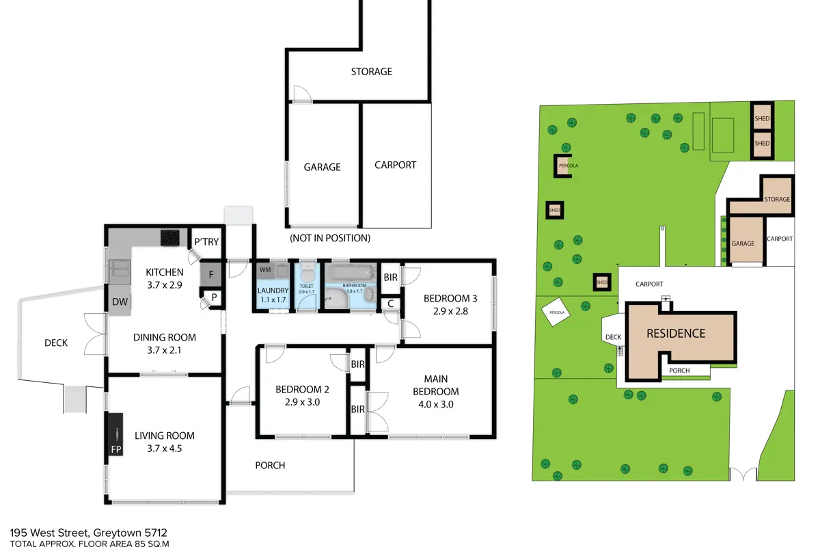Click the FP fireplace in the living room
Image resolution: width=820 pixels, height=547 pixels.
click(115, 434)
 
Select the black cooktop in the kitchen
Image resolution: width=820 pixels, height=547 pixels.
click(170, 237)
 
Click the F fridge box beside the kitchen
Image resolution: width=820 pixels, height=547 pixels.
click(211, 274)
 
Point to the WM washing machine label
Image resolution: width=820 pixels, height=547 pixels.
click(265, 269)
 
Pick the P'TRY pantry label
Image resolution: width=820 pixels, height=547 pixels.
click(206, 242)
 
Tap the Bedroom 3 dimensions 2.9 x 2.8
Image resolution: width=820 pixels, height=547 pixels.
click(450, 311)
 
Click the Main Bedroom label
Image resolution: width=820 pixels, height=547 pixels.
click(436, 385)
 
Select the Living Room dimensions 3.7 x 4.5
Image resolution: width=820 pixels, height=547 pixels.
click(165, 449)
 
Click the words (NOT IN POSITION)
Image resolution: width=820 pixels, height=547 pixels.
click(330, 238)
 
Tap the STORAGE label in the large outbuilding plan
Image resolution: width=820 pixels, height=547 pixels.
click(372, 71)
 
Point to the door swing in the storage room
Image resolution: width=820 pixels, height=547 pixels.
click(302, 93)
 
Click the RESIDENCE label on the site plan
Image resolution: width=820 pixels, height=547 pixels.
click(676, 334)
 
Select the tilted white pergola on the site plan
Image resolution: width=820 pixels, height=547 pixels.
click(556, 312)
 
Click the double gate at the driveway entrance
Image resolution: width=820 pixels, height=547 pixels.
click(743, 474)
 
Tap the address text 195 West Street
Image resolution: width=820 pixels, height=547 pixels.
click(49, 533)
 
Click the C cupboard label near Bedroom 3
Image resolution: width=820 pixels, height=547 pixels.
click(390, 304)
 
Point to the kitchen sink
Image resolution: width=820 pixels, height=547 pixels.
click(120, 268)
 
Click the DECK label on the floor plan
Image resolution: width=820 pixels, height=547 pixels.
click(56, 343)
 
